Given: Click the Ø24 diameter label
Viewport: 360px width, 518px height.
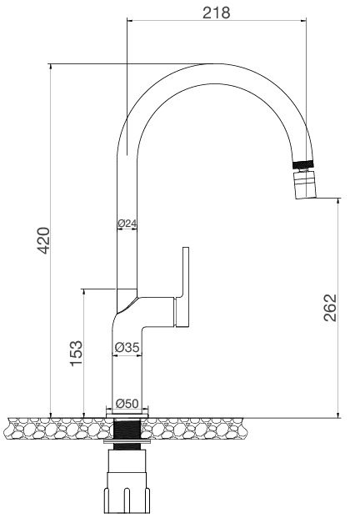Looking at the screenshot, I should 127,224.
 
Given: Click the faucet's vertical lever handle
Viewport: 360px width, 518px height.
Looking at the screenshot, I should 186,284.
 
